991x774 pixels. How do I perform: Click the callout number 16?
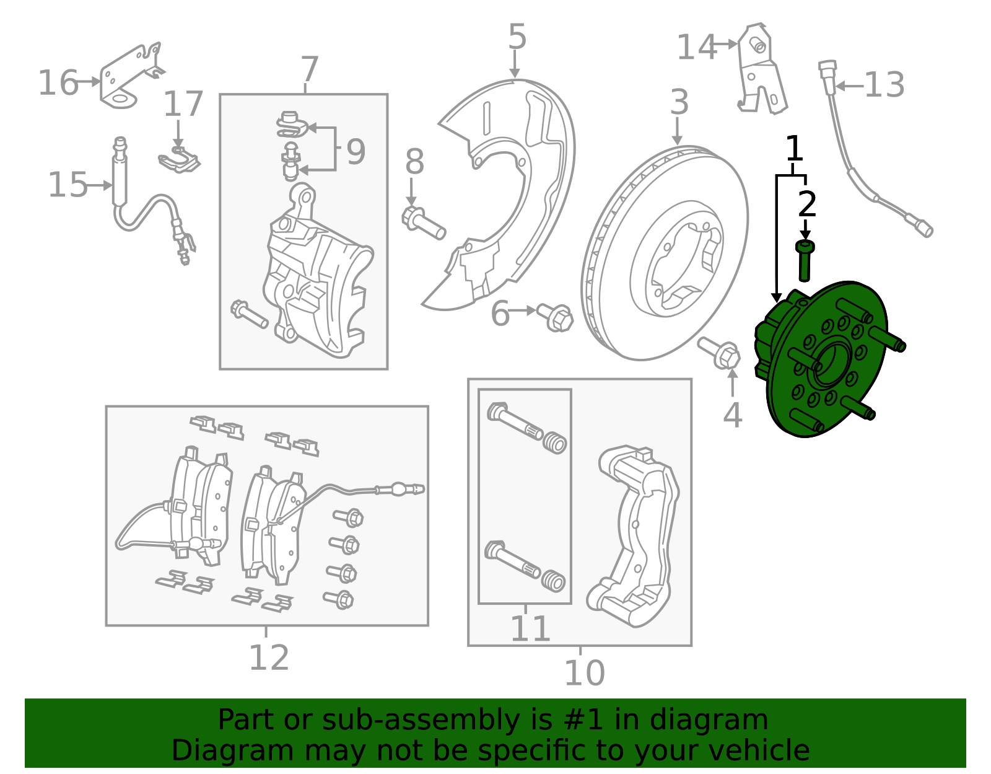coord(58,83)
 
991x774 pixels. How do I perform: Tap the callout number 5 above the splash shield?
coord(517,37)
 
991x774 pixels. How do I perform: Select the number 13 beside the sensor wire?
coord(884,86)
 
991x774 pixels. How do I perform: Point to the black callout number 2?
coord(807,204)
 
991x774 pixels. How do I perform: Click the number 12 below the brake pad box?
coord(269,658)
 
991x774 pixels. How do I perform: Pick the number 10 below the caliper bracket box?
coord(584,673)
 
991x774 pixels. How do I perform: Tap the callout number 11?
coord(530,630)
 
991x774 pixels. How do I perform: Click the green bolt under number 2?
coord(805,261)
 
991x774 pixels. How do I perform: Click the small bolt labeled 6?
coord(556,317)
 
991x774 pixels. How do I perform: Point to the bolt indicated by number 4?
coord(719,353)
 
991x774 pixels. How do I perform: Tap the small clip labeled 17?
coord(180,160)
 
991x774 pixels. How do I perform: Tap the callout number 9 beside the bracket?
coord(356,152)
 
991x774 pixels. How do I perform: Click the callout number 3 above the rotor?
coord(679,102)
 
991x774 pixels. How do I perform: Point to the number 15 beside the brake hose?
coord(68,185)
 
